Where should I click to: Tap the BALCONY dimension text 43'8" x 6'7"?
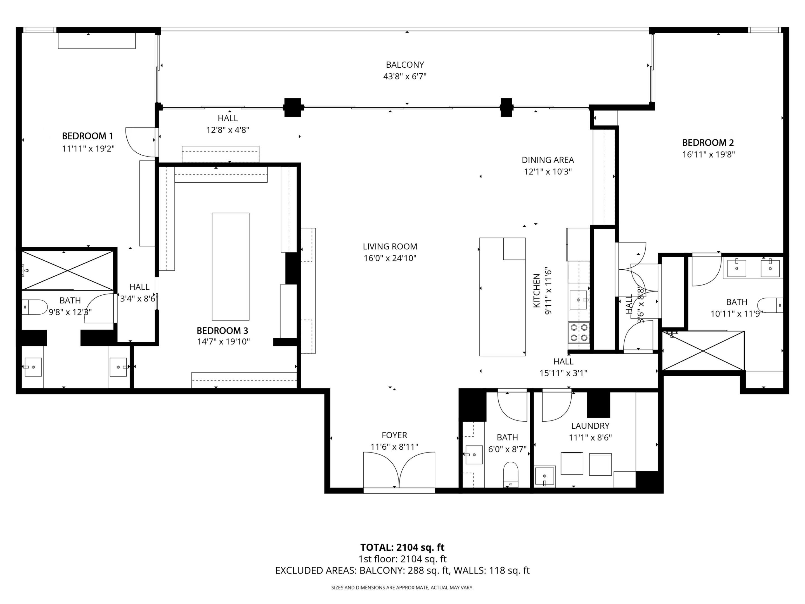(405, 76)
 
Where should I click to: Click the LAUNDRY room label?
(590, 426)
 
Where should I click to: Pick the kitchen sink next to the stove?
(579, 300)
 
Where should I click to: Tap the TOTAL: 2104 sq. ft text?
(402, 547)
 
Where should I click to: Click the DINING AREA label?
(548, 160)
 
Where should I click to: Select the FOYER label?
(394, 435)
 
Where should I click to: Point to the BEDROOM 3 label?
(222, 331)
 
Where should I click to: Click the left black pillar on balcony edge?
(293, 107)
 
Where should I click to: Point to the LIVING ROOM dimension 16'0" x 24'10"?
(390, 258)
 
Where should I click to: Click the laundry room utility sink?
(545, 476)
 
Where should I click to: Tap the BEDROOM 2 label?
(708, 143)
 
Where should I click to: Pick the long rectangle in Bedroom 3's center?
(230, 266)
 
